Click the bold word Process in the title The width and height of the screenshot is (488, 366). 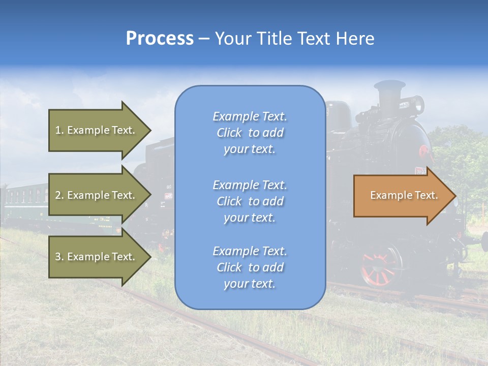(x=160, y=39)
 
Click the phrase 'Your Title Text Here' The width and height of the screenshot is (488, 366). (x=294, y=39)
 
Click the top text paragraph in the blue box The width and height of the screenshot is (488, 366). (x=250, y=133)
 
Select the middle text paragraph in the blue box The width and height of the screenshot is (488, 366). (x=250, y=201)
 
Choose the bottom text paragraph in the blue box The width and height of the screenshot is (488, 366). (x=250, y=267)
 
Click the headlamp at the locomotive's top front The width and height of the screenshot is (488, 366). (x=418, y=105)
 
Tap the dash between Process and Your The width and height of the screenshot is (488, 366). (x=204, y=39)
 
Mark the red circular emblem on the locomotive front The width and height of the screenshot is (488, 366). (x=424, y=152)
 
